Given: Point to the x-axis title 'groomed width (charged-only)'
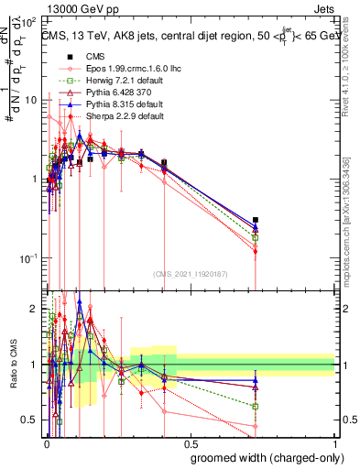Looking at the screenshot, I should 260,457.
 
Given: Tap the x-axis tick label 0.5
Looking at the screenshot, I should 191,442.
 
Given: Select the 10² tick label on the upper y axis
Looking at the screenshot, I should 29,19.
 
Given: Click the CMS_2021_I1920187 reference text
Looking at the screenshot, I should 190,274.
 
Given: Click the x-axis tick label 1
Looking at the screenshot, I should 334,442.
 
